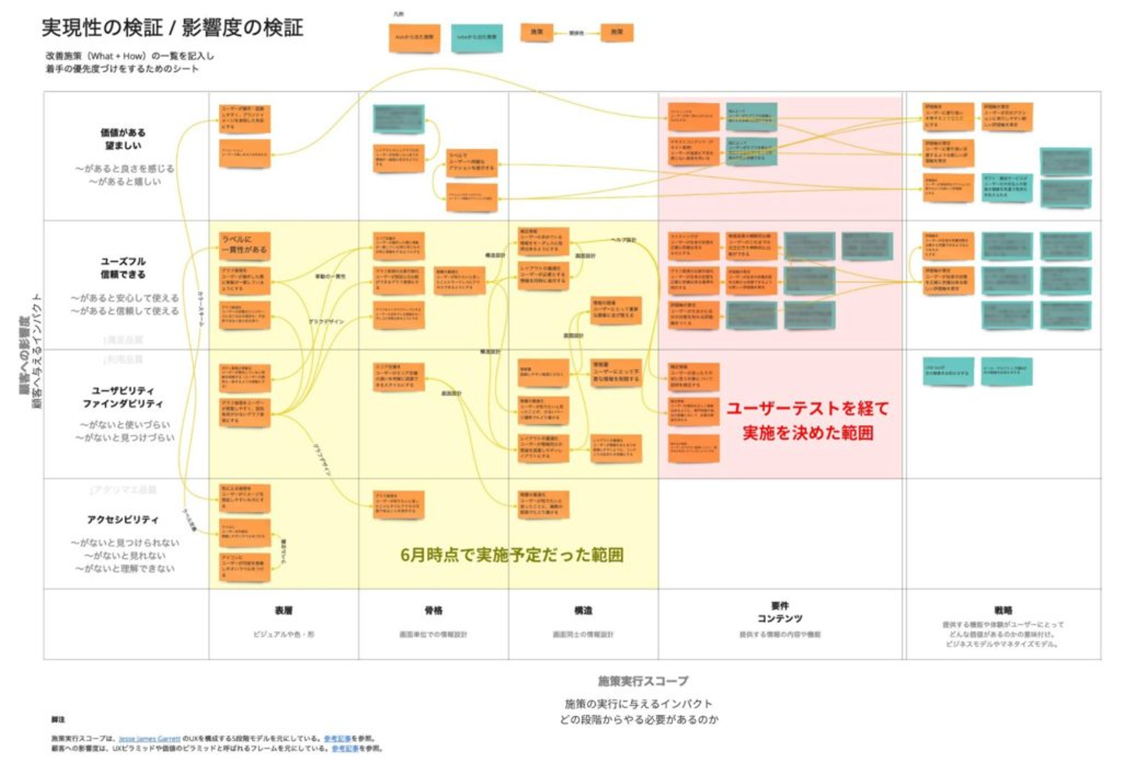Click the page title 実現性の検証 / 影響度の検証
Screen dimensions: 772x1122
coord(172,28)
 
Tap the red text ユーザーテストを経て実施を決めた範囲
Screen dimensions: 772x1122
coord(807,420)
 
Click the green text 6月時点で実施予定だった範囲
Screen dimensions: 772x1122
coord(511,554)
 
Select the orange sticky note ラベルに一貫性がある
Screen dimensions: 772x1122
coord(245,245)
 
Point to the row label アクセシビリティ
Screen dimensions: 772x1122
coord(122,519)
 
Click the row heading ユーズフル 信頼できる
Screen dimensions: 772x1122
coord(122,267)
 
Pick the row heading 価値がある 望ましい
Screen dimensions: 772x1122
coord(122,139)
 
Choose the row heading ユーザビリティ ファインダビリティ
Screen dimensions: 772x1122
coord(122,397)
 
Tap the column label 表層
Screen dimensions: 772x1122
coord(284,611)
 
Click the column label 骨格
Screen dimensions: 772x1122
coord(433,611)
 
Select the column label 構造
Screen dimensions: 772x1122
coord(583,611)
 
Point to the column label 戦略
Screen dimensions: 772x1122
coord(1003,611)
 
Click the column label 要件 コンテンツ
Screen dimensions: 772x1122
coord(779,611)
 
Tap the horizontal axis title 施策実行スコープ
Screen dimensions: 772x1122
coord(643,681)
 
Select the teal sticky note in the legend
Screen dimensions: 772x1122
coord(477,37)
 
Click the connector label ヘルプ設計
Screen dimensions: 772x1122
coord(623,240)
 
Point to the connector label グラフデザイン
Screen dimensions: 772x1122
coord(326,321)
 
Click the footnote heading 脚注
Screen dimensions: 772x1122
coord(58,720)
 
